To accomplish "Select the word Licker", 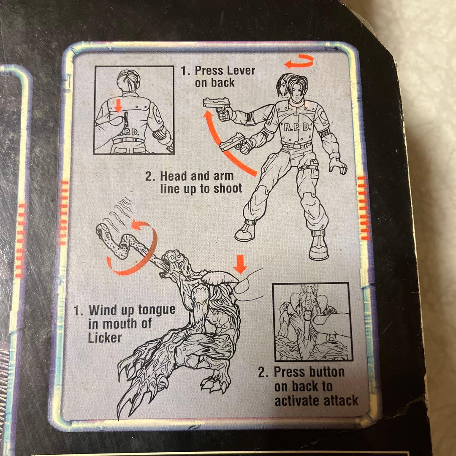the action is (x=105, y=338).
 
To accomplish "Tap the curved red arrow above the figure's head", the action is (x=299, y=61).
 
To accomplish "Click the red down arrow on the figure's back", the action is (x=118, y=106).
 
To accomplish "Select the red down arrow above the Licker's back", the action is (x=240, y=264).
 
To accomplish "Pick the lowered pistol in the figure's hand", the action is (x=236, y=143).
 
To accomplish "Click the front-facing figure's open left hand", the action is (x=338, y=166).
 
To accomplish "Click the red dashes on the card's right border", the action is (x=364, y=208).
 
